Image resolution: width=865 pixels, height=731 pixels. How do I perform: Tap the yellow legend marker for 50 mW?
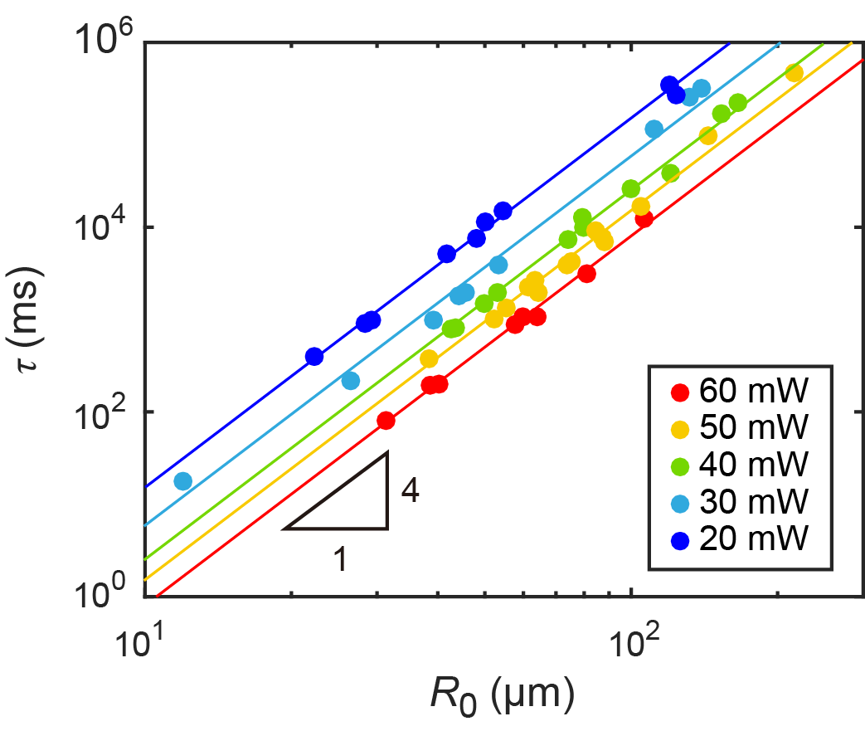point(680,428)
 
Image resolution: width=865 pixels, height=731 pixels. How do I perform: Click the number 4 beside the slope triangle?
point(409,491)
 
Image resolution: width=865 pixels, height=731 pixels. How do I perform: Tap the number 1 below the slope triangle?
point(339,560)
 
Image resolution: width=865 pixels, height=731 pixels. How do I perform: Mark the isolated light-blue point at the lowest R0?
point(182,480)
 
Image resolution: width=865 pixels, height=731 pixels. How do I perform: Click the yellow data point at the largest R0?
point(794,74)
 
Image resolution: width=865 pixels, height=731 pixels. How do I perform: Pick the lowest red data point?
point(385,420)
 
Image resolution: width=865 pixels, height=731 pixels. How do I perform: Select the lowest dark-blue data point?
point(313,356)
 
